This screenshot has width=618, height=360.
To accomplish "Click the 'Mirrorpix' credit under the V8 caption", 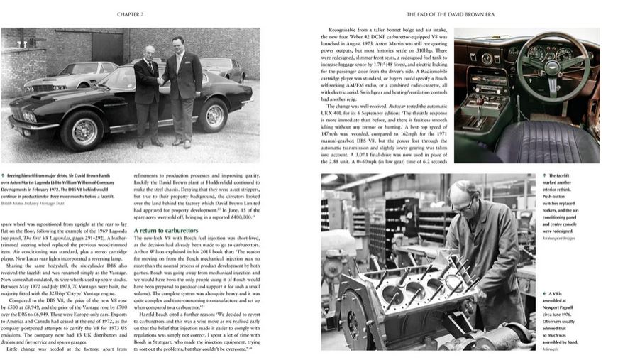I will click(x=551, y=349).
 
